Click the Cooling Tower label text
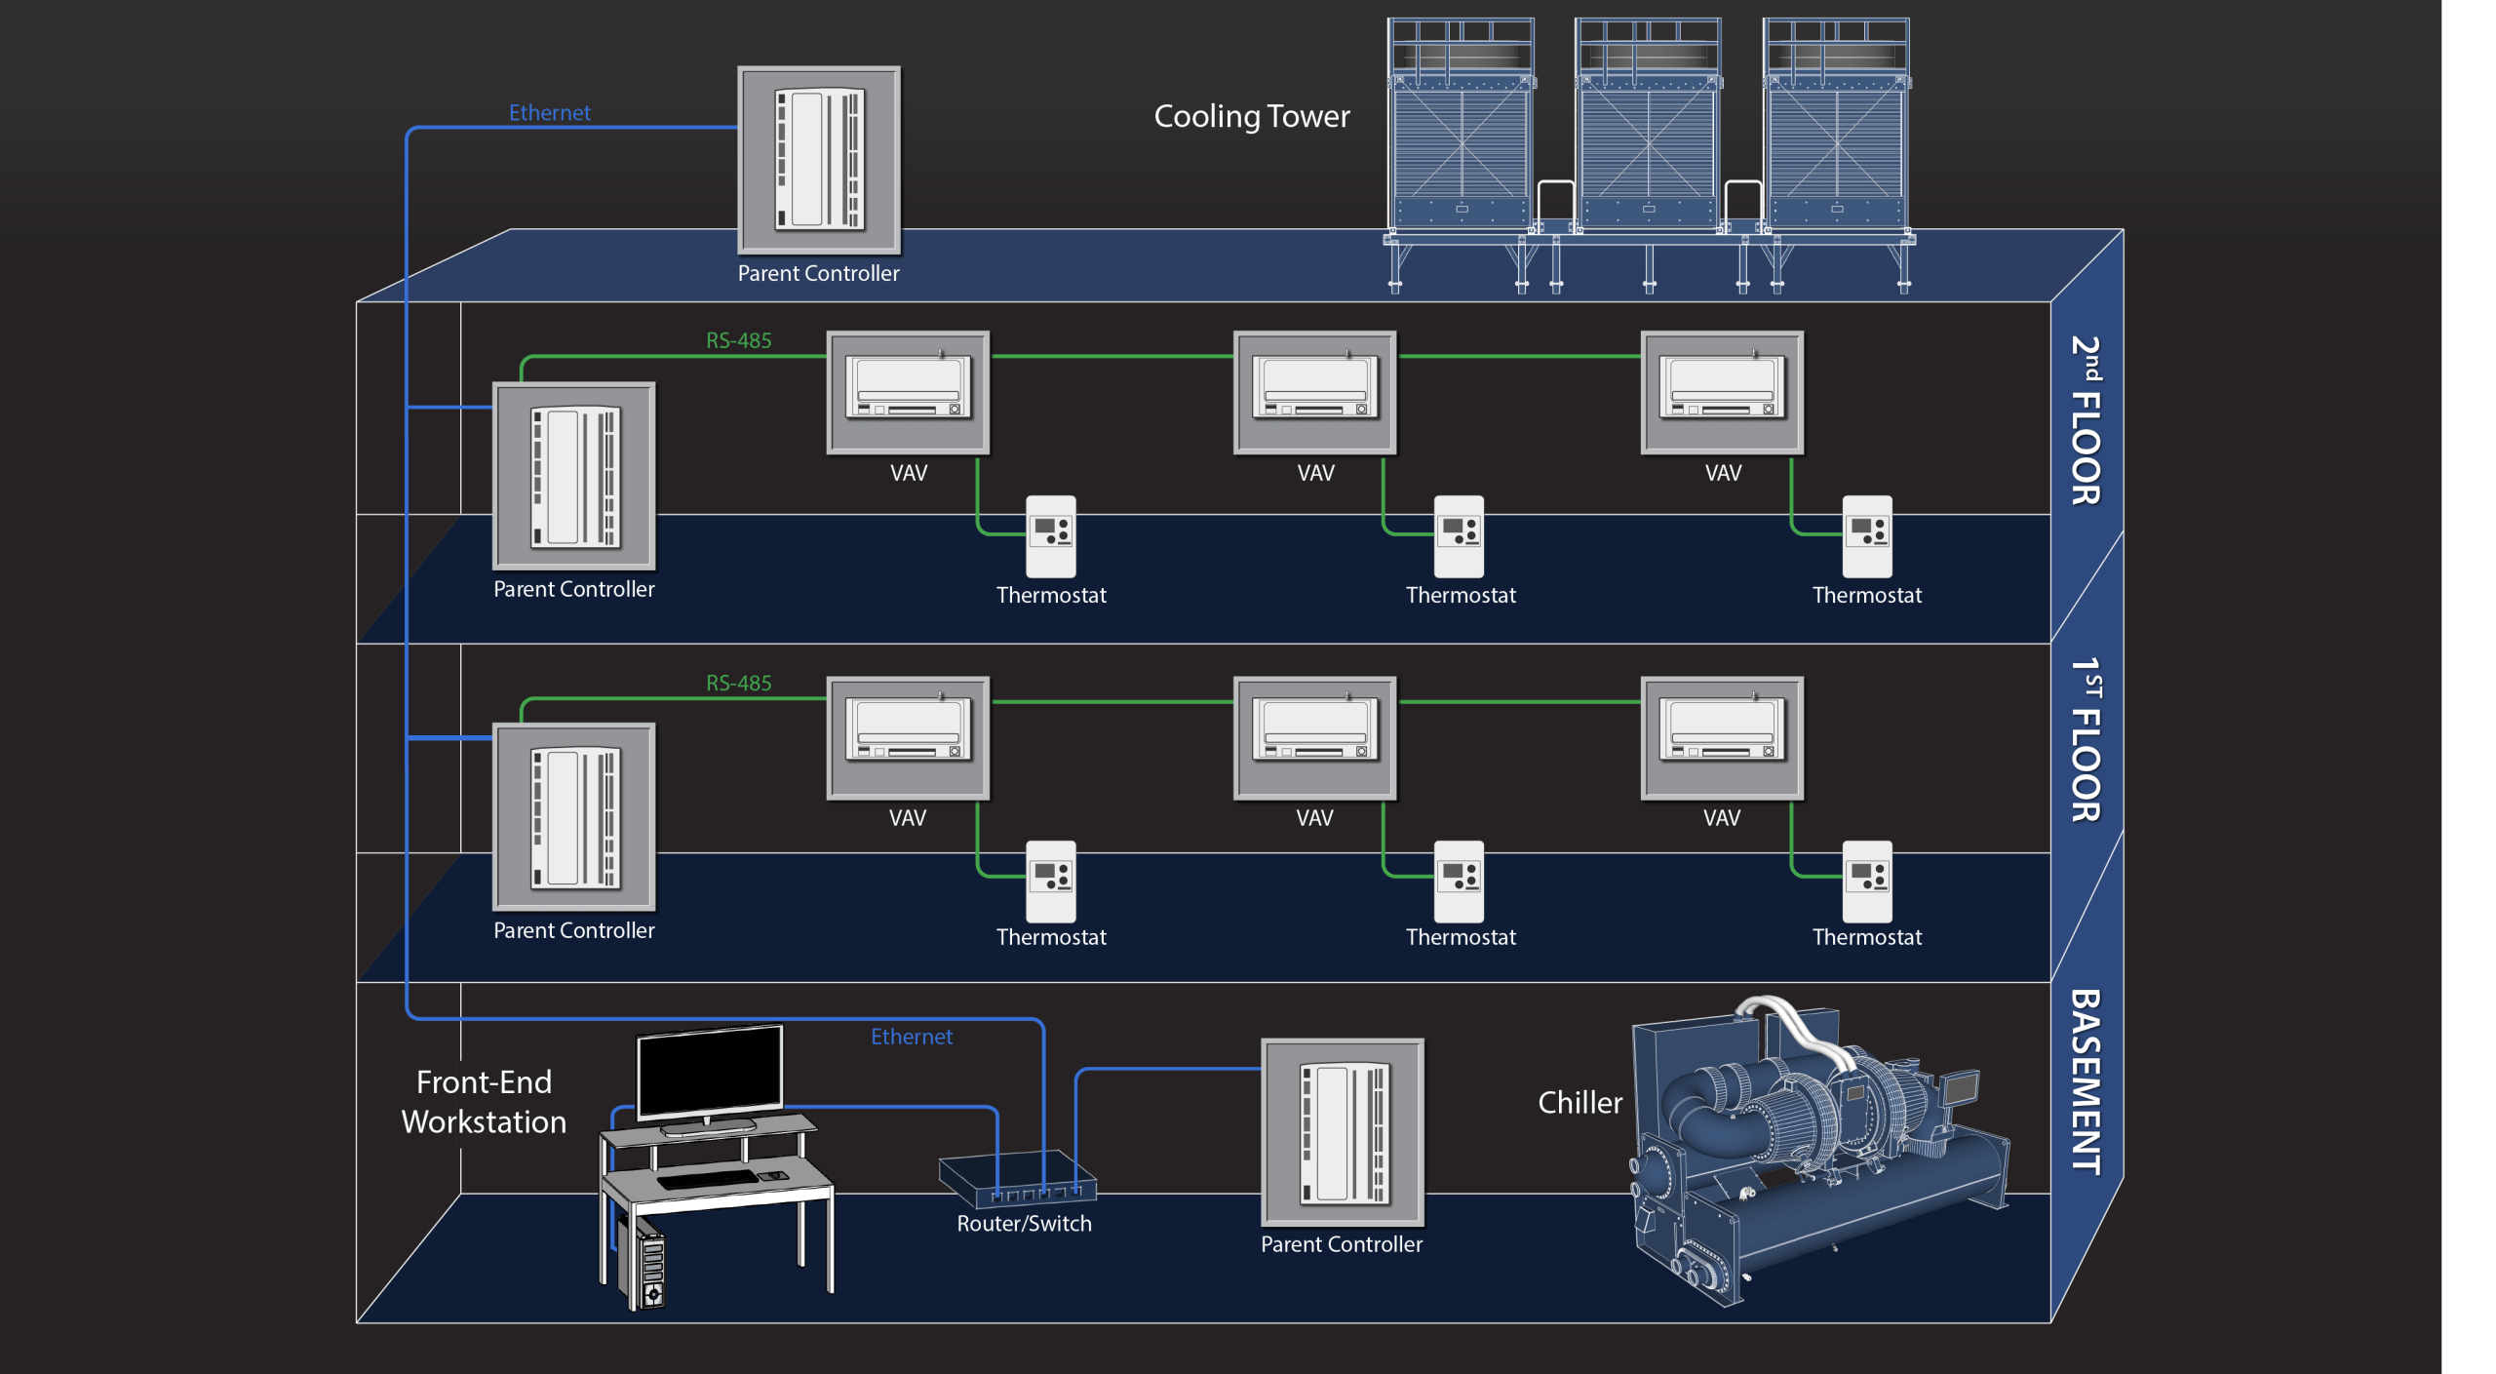[x=1251, y=117]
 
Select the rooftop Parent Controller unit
[x=819, y=160]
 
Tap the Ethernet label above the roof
[x=549, y=113]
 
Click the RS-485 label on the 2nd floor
[x=738, y=340]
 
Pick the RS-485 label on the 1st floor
[x=738, y=683]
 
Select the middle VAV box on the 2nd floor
[x=1314, y=392]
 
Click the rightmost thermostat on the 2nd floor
[x=1866, y=536]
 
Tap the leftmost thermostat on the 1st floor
[x=1050, y=881]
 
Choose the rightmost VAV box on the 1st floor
[x=1722, y=738]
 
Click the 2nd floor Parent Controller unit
[x=574, y=476]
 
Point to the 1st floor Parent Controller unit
[x=574, y=817]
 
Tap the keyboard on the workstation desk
[x=708, y=1179]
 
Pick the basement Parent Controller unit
[x=1342, y=1131]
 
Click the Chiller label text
[x=1579, y=1103]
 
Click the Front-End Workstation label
[x=484, y=1102]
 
